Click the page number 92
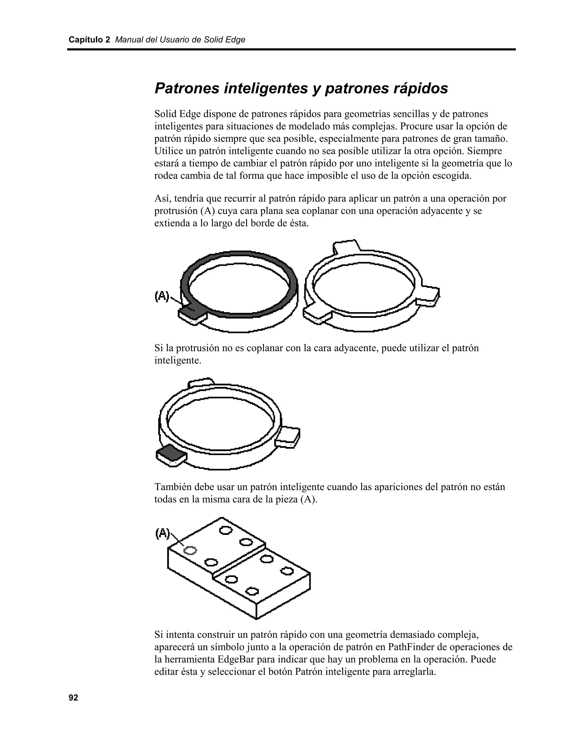pyautogui.click(x=73, y=698)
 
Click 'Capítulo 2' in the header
pyautogui.click(x=89, y=40)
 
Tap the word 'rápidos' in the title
pyautogui.click(x=420, y=88)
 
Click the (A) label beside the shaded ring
pyautogui.click(x=162, y=296)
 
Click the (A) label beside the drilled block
pyautogui.click(x=162, y=533)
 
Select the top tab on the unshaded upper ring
pyautogui.click(x=346, y=246)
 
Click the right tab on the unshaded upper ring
pyautogui.click(x=428, y=296)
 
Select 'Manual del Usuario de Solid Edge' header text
pyautogui.click(x=180, y=40)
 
